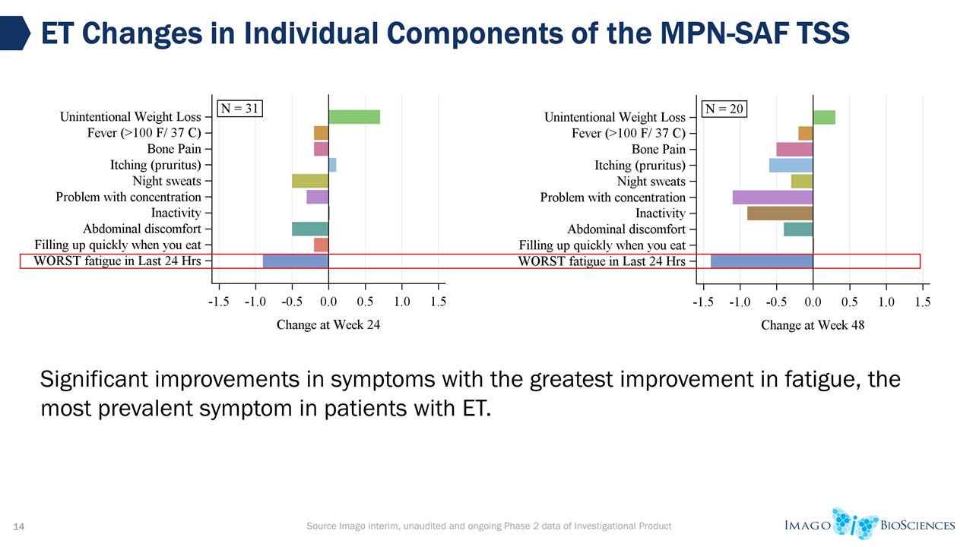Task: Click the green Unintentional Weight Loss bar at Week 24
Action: click(x=353, y=117)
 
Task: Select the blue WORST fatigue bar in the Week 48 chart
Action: click(x=762, y=261)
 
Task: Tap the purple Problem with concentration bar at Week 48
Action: click(x=772, y=198)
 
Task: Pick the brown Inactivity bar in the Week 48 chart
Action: click(x=780, y=213)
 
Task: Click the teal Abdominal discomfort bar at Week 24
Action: click(x=310, y=229)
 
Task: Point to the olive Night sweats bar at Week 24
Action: click(x=310, y=181)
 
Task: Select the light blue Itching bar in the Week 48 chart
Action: click(x=791, y=165)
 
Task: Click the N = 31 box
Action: click(x=241, y=109)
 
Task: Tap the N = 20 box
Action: click(x=724, y=109)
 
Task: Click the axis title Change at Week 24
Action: click(x=328, y=325)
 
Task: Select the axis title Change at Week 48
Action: click(x=813, y=325)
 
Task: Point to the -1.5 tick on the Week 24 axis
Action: click(x=219, y=302)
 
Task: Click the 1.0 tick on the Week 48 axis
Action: click(x=886, y=302)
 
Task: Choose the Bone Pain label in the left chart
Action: click(x=173, y=149)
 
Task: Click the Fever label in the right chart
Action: click(x=628, y=133)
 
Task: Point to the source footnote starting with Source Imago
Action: click(x=488, y=526)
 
